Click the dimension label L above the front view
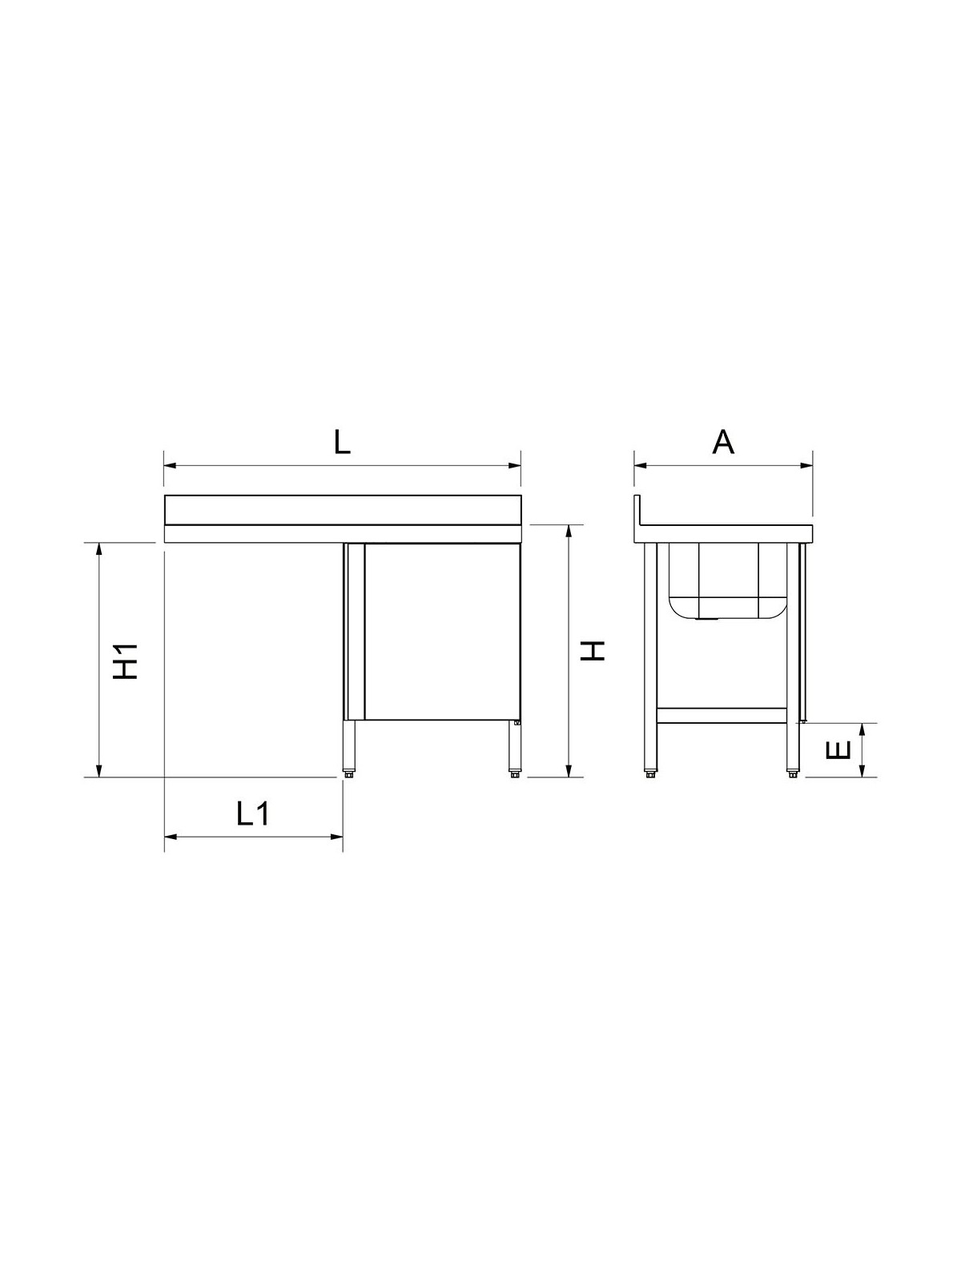(x=342, y=443)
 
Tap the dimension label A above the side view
(x=723, y=442)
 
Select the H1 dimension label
(x=126, y=661)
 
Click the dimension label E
(x=838, y=750)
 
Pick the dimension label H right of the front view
(x=593, y=651)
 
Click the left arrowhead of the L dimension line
(x=170, y=466)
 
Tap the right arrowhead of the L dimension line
(x=515, y=466)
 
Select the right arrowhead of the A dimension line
(x=807, y=466)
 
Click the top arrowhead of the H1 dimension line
(x=99, y=549)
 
